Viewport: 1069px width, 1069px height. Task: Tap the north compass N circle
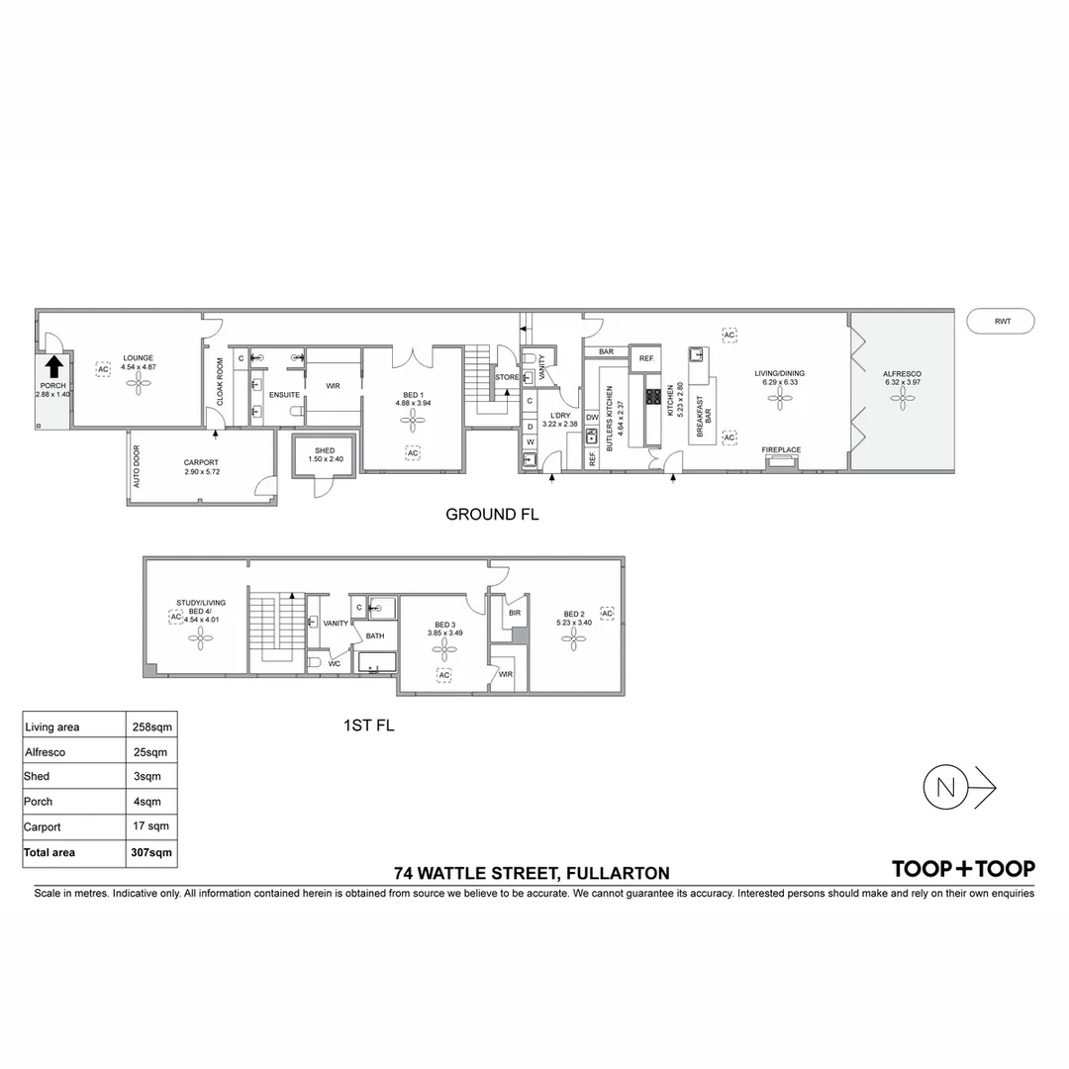click(x=945, y=788)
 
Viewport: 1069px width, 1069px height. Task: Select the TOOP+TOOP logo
click(x=963, y=869)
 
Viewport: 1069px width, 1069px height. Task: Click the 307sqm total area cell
click(x=152, y=852)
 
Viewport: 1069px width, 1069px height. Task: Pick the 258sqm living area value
click(x=152, y=727)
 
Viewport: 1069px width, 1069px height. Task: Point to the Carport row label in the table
click(x=43, y=826)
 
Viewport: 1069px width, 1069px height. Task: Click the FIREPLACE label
click(x=781, y=450)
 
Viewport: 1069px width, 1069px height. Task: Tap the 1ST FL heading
click(x=368, y=727)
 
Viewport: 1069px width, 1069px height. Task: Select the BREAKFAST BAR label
click(x=704, y=419)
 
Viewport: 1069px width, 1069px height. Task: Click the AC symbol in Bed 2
click(x=607, y=614)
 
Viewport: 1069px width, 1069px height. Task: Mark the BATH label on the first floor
click(x=375, y=635)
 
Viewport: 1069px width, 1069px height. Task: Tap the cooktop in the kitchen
click(x=653, y=397)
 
